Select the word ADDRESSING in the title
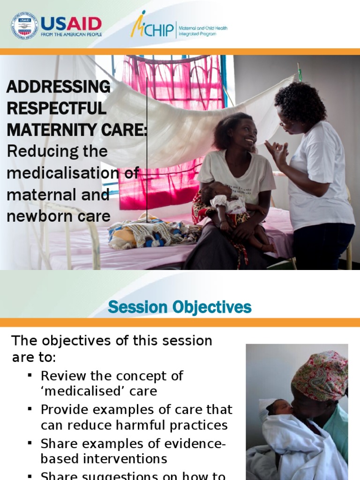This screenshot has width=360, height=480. (58, 87)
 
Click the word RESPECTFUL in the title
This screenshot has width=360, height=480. (57, 108)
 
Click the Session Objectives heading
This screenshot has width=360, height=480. (180, 307)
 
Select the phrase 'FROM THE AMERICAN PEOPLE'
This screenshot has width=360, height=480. (71, 34)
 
